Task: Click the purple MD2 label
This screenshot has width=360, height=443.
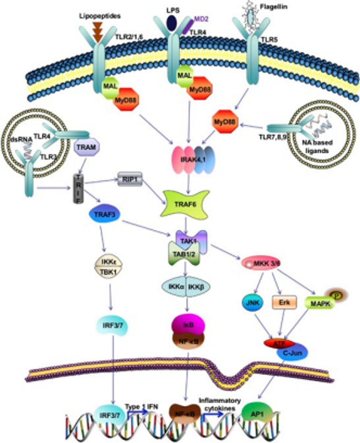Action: [202, 18]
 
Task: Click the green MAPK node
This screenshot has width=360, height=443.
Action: [318, 304]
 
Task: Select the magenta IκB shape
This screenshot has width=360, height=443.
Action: [186, 324]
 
